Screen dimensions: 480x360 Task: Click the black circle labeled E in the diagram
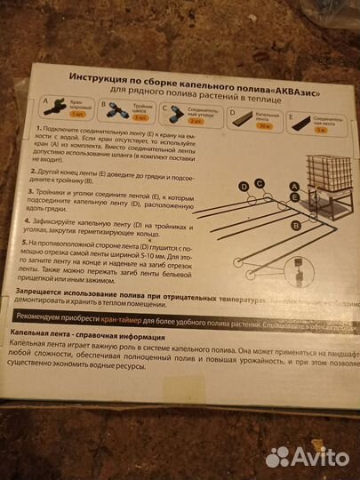click(293, 196)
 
